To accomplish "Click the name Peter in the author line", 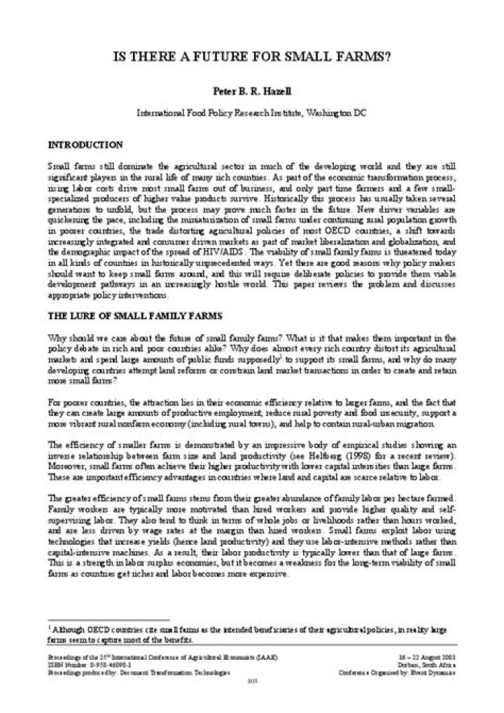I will [223, 91].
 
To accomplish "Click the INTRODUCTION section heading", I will [85, 144].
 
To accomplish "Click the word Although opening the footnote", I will [67, 630].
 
